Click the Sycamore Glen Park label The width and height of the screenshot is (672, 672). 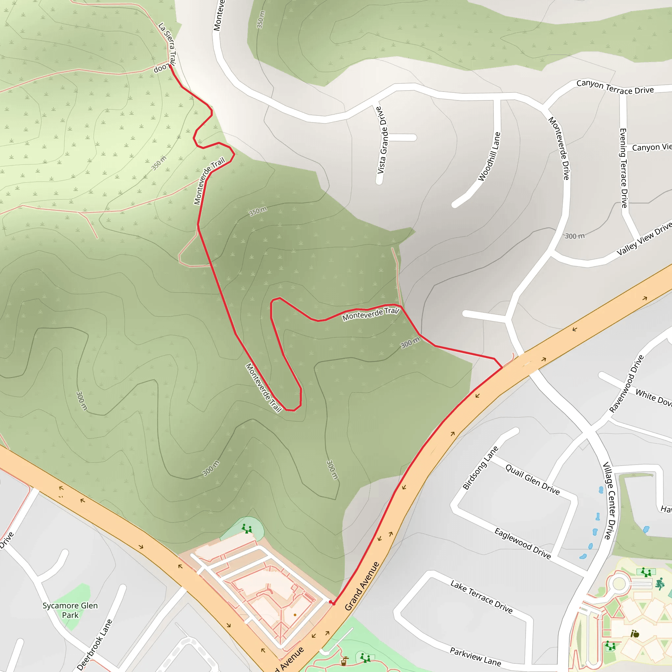tap(70, 610)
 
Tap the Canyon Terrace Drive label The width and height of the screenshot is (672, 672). tap(615, 87)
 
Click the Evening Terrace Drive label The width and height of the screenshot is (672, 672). tap(624, 168)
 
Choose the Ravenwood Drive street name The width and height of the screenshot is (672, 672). tap(626, 384)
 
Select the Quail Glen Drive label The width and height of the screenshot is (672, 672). tap(532, 480)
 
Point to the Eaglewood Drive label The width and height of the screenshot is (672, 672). tap(522, 543)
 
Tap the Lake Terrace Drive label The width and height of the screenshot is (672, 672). tap(481, 596)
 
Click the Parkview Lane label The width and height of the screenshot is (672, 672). tap(475, 656)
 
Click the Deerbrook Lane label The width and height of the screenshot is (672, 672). tap(94, 644)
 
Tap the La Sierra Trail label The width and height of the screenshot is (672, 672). tap(168, 44)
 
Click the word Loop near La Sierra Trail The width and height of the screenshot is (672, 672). tap(161, 68)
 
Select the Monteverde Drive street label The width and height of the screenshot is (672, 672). tap(558, 148)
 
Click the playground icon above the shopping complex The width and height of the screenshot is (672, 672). tap(247, 528)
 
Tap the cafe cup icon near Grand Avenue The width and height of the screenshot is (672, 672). tap(344, 661)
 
